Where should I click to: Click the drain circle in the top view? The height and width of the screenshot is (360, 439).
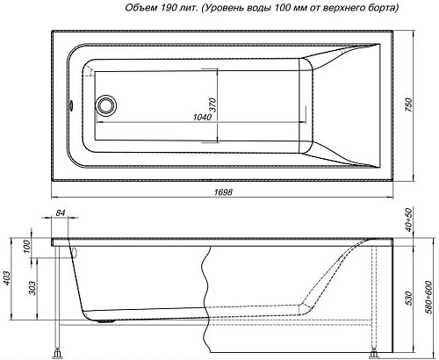(x=107, y=105)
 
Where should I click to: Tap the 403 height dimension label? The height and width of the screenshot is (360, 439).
(x=7, y=280)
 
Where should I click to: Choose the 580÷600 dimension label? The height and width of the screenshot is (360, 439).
(x=429, y=298)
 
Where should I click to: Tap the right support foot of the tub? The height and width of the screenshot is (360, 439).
(x=378, y=355)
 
